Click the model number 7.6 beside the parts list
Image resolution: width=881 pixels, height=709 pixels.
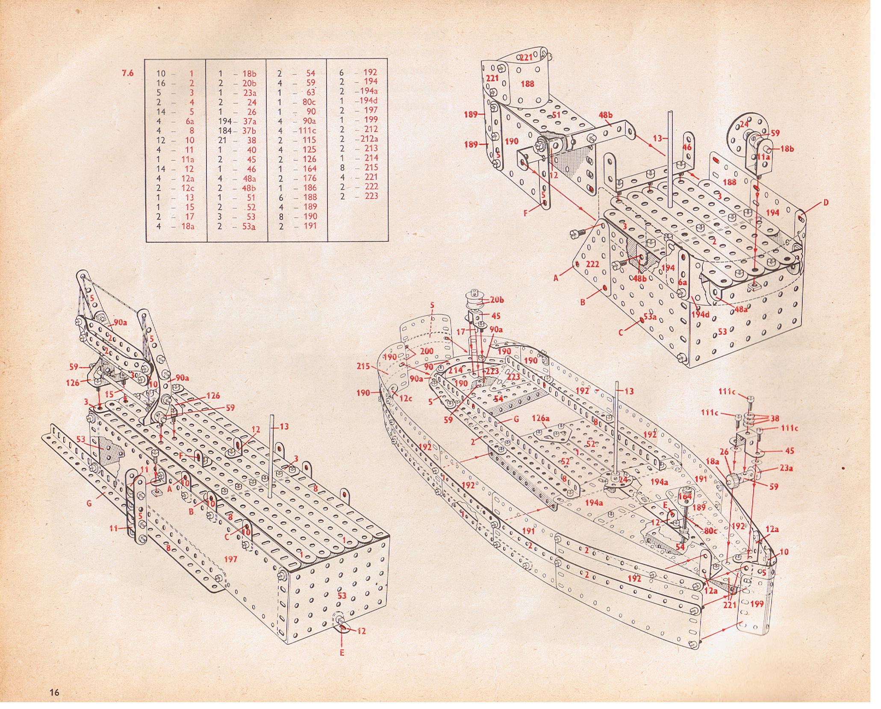[127, 73]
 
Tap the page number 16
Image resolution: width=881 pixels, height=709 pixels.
[53, 692]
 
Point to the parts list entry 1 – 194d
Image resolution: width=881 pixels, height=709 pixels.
[359, 101]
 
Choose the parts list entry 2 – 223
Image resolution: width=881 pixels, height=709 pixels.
[359, 196]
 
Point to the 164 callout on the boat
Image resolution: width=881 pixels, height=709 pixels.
[684, 497]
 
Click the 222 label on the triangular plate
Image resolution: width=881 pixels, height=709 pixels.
[592, 264]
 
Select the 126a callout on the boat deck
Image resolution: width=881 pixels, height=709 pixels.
[540, 419]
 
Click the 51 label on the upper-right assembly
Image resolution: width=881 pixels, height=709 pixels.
[556, 114]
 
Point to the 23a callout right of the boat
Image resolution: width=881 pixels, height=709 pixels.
[785, 468]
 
